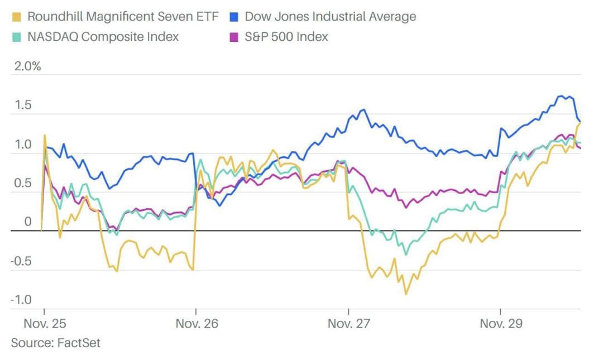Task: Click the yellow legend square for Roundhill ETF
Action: pos(16,16)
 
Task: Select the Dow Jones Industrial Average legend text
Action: pos(330,16)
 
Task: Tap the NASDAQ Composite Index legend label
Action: pos(103,37)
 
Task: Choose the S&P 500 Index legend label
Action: pos(286,37)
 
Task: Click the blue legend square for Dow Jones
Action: pos(234,16)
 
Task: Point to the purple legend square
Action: pos(234,37)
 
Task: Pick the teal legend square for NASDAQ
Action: pos(16,37)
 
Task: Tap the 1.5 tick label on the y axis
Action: pos(22,105)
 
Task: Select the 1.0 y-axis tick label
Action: pos(22,145)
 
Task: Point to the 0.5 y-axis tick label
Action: pos(22,184)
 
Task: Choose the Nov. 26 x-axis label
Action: pos(196,323)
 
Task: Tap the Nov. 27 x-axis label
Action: pos(348,323)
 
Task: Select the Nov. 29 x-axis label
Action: pos(501,323)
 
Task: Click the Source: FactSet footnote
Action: pos(56,342)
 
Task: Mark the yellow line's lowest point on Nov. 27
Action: pos(406,294)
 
